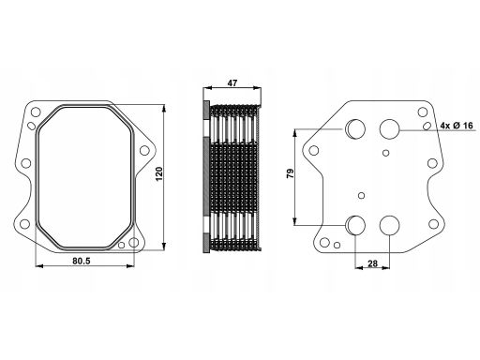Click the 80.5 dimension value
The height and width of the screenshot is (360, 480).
[82, 261]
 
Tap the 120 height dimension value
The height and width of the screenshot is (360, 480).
[159, 173]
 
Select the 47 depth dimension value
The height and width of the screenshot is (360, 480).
[232, 83]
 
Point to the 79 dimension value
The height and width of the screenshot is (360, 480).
[291, 173]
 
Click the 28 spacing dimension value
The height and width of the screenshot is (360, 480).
[372, 263]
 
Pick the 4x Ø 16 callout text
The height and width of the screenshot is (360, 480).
[457, 126]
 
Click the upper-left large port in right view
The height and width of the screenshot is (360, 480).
[355, 128]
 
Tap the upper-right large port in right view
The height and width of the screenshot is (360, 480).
[390, 128]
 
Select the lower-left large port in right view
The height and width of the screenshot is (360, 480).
[355, 225]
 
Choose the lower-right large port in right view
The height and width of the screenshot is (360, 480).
[390, 225]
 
